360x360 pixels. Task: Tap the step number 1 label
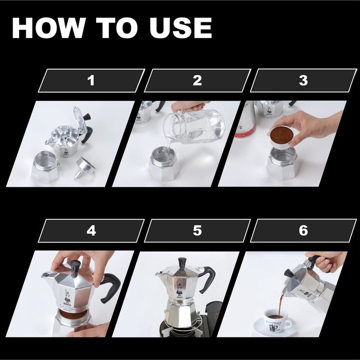coord(91,81)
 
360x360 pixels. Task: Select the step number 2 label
coord(197,81)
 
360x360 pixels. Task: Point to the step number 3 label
coord(303,81)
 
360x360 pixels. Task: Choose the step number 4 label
coord(91,231)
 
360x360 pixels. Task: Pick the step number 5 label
coord(197,231)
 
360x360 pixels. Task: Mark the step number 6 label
coord(303,231)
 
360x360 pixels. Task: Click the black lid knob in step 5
coord(182,264)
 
